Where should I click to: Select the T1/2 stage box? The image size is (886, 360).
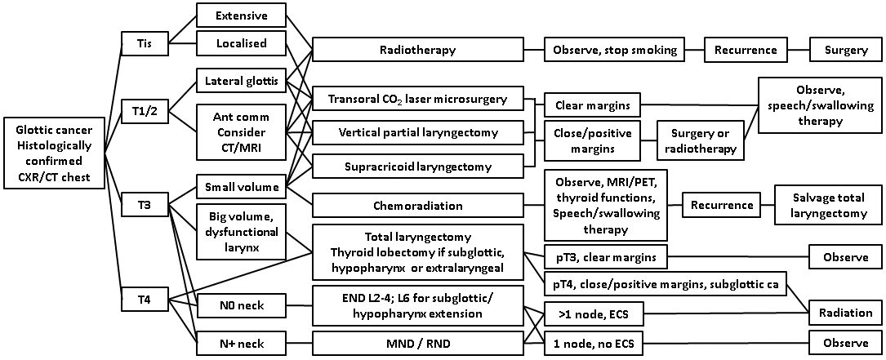coord(144,111)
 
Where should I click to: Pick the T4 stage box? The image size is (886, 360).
coord(144,299)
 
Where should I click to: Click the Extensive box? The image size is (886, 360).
coord(242,16)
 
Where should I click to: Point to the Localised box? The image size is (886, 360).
coord(242,42)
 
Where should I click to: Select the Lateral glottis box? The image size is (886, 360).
coord(242,81)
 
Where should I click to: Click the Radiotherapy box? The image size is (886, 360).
coord(417,50)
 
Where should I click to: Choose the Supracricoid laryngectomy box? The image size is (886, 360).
coord(417,167)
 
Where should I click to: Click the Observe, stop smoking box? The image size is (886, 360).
coord(615,50)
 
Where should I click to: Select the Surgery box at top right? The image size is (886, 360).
coord(846,50)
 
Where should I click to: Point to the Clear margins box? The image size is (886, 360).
coord(592,105)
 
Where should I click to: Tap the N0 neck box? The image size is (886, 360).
coord(242,307)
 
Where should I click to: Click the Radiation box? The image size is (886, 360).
coord(846,313)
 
